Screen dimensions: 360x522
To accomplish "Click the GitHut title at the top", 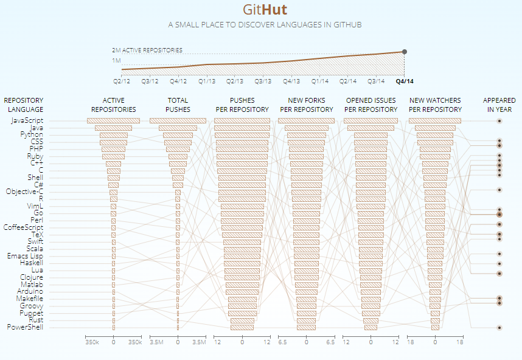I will tap(265, 10).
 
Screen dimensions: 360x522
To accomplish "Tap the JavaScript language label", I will tap(27, 120).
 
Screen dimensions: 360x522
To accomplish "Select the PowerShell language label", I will tap(25, 327).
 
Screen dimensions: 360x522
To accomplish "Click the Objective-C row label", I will tap(24, 192).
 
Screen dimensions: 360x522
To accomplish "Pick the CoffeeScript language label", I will tap(23, 227).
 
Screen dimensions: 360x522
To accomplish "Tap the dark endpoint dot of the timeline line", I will tap(405, 52).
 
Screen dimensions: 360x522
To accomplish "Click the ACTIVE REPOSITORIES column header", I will tap(114, 105).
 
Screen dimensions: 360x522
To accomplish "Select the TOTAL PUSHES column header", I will tap(178, 105).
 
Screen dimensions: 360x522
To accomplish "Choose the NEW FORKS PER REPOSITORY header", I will tap(307, 105).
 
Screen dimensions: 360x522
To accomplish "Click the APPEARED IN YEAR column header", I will tap(499, 105).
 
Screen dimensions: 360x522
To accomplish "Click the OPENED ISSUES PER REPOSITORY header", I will tap(371, 105).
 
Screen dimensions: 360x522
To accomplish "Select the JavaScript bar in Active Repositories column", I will tap(114, 120).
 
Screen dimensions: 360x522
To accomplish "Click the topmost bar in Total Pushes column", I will tap(178, 120).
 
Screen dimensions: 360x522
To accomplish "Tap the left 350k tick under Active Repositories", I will tap(92, 343).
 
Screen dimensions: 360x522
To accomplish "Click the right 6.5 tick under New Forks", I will tap(331, 343).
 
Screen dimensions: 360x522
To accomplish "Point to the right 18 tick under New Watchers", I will tap(460, 343).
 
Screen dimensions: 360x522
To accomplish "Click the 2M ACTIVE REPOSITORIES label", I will tap(147, 50).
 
